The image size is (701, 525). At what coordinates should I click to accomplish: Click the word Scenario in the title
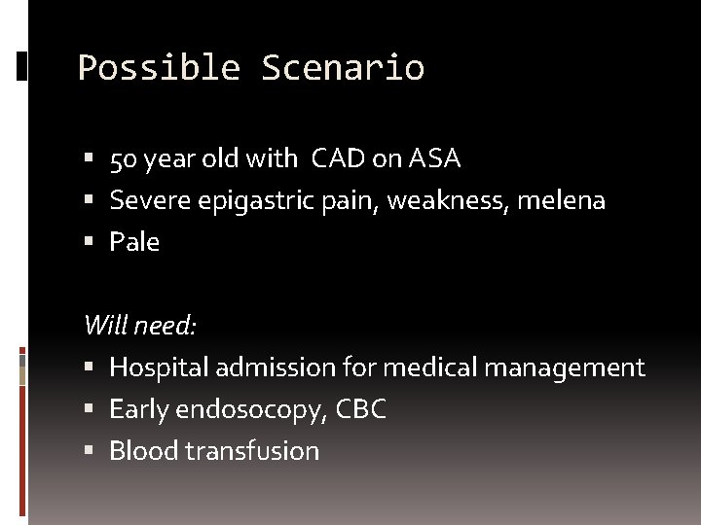[343, 68]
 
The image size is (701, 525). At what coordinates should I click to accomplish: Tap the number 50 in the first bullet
[124, 158]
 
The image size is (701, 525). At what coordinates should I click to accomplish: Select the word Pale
[134, 242]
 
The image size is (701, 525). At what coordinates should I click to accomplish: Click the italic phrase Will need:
[140, 325]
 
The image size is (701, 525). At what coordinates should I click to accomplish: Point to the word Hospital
[158, 367]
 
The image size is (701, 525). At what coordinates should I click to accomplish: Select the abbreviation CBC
[360, 410]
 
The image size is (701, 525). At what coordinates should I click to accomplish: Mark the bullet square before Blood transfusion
[90, 451]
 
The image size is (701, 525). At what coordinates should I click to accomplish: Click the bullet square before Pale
[90, 242]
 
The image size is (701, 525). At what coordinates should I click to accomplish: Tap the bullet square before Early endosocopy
[90, 410]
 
